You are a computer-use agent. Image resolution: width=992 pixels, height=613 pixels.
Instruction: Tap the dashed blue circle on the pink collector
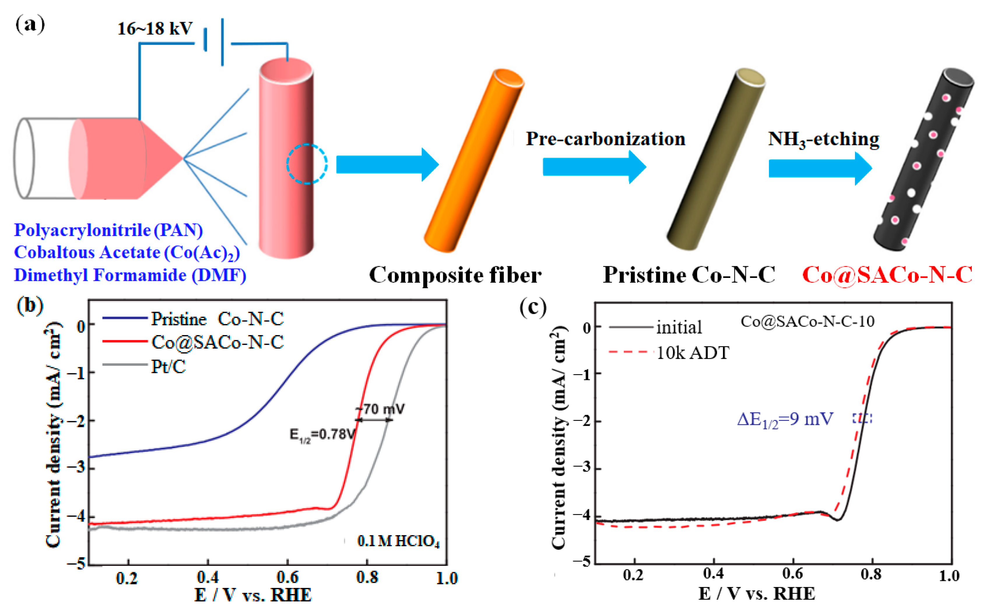pos(307,164)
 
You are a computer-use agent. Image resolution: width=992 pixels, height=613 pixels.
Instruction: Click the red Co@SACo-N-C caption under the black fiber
pos(887,275)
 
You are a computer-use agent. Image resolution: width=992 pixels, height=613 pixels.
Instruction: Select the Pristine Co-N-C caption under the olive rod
pos(689,275)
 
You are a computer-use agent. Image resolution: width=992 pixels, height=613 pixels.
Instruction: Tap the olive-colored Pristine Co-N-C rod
pos(716,159)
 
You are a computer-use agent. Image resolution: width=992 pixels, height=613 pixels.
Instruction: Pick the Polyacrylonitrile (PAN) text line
pos(108,230)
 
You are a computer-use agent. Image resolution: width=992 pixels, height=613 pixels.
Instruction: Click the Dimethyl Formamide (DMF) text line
pos(130,275)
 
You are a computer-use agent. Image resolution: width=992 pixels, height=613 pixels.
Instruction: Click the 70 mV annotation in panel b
pos(383,409)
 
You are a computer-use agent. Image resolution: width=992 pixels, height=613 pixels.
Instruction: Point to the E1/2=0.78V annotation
pos(322,435)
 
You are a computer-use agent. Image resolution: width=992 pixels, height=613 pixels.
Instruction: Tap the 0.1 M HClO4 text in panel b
pos(398,541)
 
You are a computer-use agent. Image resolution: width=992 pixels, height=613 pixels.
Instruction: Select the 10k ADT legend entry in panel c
pos(692,353)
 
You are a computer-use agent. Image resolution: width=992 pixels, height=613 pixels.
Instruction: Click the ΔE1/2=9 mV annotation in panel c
pos(785,419)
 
